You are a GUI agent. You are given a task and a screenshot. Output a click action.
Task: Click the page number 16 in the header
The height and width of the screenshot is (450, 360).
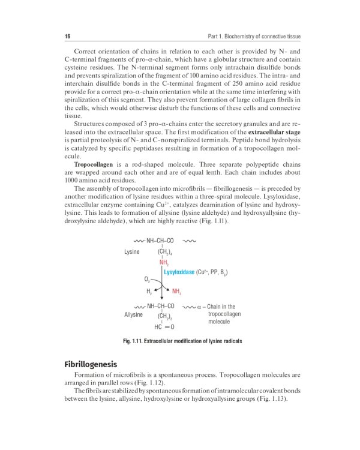click(x=67, y=37)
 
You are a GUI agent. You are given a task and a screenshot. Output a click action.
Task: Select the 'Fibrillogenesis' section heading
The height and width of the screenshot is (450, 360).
click(x=91, y=364)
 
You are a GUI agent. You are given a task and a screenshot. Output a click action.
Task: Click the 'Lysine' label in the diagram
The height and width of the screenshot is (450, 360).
click(x=132, y=251)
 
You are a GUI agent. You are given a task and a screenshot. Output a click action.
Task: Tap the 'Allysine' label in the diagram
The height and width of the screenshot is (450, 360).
click(x=133, y=314)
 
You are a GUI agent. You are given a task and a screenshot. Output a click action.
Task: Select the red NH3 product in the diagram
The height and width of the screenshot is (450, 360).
click(x=177, y=292)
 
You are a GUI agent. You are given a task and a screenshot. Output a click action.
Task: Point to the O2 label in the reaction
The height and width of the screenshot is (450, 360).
click(x=148, y=280)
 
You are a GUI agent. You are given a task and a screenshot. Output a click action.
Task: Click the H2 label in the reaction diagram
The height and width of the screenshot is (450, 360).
click(x=149, y=292)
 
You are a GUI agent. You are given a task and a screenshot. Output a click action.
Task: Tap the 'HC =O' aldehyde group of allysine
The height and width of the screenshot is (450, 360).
click(x=164, y=327)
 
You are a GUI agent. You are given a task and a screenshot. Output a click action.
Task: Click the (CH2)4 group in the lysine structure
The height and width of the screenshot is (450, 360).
click(x=165, y=252)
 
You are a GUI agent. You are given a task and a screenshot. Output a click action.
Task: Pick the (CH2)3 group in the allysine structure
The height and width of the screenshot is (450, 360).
click(x=165, y=316)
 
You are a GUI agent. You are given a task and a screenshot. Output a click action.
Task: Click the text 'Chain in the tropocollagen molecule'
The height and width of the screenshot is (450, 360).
click(x=220, y=314)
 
